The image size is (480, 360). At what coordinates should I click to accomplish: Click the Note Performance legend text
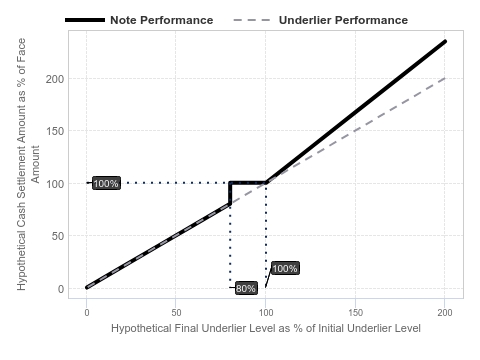pyautogui.click(x=162, y=20)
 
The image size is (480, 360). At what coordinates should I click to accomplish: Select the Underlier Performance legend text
pyautogui.click(x=343, y=20)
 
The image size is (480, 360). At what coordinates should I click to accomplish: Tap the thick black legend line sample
pyautogui.click(x=85, y=20)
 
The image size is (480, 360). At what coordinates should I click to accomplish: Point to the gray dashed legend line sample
pyautogui.click(x=252, y=20)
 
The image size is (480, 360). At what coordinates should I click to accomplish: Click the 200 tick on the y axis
pyautogui.click(x=55, y=79)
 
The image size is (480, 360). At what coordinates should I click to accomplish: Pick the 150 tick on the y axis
pyautogui.click(x=55, y=131)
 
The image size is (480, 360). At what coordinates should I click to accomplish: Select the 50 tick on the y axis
pyautogui.click(x=58, y=236)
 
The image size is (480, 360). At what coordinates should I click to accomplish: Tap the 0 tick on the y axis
pyautogui.click(x=61, y=289)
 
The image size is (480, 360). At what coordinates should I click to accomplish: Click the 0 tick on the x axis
pyautogui.click(x=87, y=313)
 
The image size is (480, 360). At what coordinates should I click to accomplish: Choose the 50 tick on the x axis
pyautogui.click(x=176, y=313)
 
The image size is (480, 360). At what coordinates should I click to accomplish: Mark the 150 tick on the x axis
pyautogui.click(x=355, y=313)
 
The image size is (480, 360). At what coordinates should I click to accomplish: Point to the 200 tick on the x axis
pyautogui.click(x=445, y=313)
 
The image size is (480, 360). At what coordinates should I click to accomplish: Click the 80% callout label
pyautogui.click(x=246, y=288)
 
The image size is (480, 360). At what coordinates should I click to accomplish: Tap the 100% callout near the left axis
pyautogui.click(x=106, y=183)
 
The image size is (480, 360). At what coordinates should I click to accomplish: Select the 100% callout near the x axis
pyautogui.click(x=285, y=268)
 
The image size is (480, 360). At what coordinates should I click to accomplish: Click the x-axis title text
pyautogui.click(x=266, y=328)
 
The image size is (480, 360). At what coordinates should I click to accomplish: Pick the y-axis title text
pyautogui.click(x=28, y=164)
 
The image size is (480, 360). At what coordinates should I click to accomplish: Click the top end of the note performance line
pyautogui.click(x=445, y=41)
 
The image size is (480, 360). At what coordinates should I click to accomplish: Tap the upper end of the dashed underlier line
pyautogui.click(x=445, y=78)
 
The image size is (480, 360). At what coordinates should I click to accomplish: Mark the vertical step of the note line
pyautogui.click(x=230, y=193)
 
